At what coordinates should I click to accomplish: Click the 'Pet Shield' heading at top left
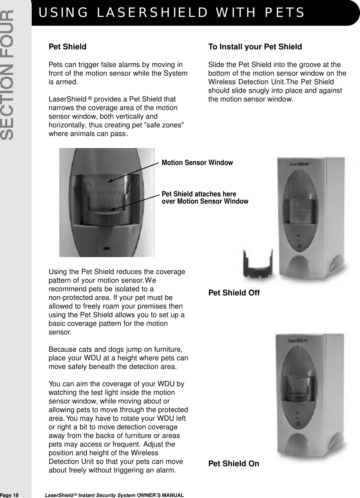pyautogui.click(x=68, y=47)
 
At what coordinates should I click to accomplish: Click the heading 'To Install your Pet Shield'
pyautogui.click(x=255, y=47)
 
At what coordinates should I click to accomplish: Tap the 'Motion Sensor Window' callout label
pyautogui.click(x=197, y=163)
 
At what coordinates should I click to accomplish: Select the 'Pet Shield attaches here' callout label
pyautogui.click(x=199, y=194)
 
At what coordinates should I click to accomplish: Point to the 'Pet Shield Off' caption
pyautogui.click(x=234, y=293)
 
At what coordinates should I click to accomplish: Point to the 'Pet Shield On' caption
pyautogui.click(x=233, y=463)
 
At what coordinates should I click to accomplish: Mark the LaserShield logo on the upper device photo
pyautogui.click(x=299, y=164)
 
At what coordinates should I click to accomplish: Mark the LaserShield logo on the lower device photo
pyautogui.click(x=298, y=341)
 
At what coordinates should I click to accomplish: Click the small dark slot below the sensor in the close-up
pyautogui.click(x=107, y=248)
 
